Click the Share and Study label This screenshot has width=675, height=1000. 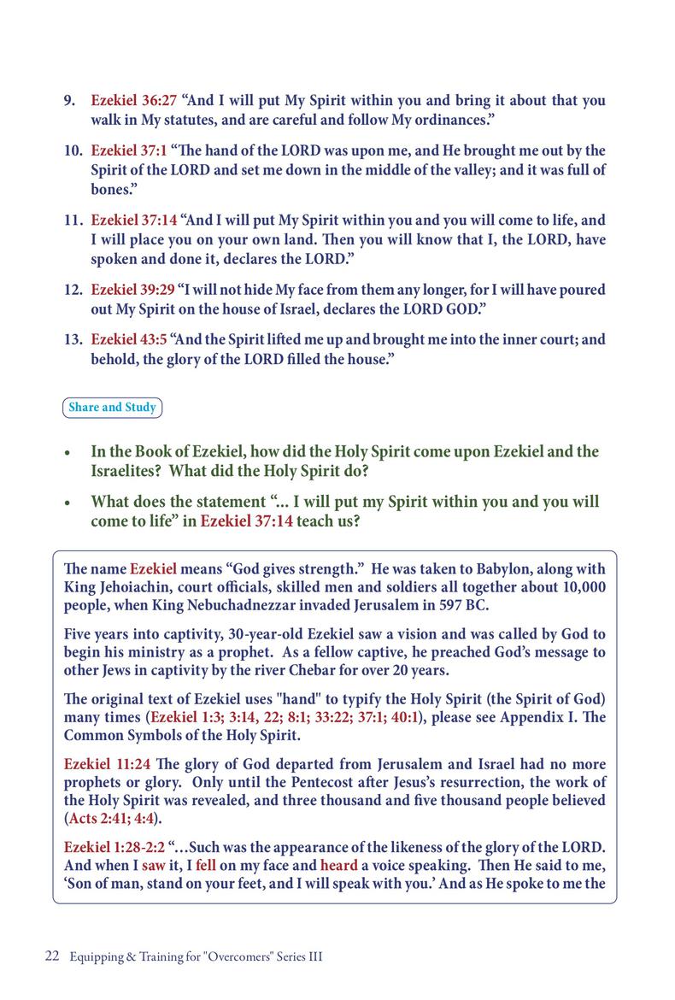coord(112,408)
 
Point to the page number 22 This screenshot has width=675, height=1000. coord(51,957)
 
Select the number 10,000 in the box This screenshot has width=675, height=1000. coord(578,586)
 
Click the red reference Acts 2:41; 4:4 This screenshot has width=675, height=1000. coord(115,818)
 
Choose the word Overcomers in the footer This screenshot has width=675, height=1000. coord(236,957)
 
